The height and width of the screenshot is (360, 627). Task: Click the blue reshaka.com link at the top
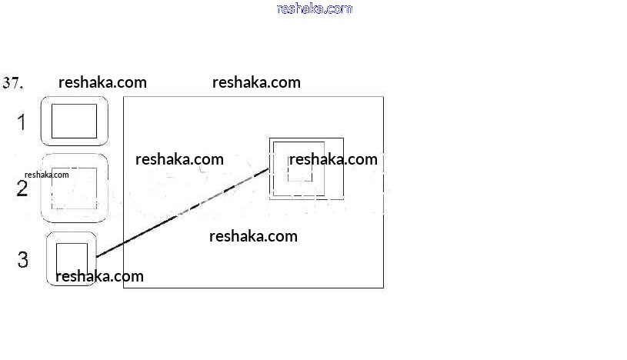point(314,9)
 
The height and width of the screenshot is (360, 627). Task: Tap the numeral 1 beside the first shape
point(22,122)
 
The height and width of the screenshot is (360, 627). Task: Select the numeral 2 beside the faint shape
point(22,189)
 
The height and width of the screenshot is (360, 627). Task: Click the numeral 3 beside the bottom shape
point(23,260)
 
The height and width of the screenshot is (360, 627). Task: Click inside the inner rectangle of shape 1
point(74,121)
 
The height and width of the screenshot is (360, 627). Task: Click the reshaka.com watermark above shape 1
point(102,82)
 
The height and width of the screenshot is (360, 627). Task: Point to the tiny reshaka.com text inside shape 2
point(47,175)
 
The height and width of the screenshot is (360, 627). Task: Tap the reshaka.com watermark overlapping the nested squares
point(333,159)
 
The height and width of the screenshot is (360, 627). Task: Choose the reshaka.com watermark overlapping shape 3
point(100,276)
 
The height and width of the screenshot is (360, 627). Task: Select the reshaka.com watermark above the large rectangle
point(256,82)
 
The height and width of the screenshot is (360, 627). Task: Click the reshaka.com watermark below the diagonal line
point(253,236)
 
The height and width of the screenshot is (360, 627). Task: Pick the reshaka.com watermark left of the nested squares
point(179,159)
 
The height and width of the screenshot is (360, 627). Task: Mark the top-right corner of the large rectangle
point(383,97)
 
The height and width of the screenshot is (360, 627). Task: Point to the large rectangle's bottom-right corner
point(383,288)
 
